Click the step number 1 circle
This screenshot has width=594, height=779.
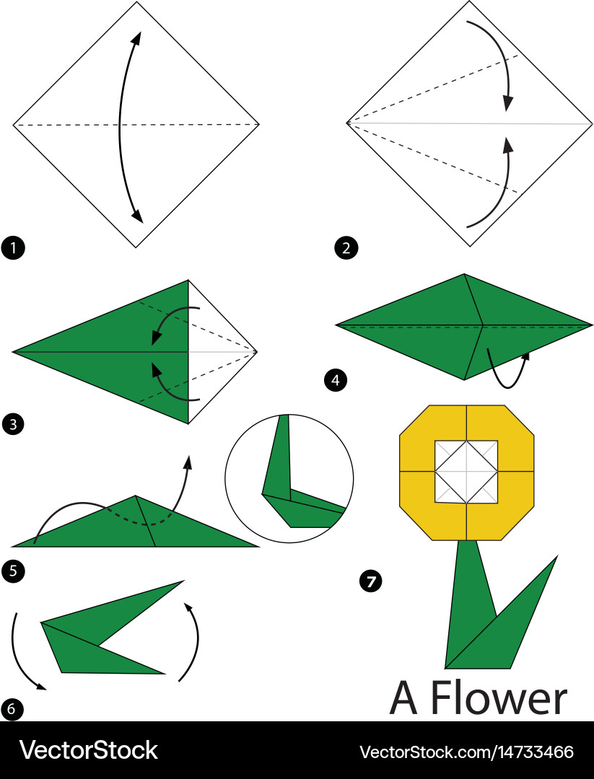pyautogui.click(x=13, y=249)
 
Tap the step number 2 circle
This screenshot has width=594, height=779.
pyautogui.click(x=346, y=249)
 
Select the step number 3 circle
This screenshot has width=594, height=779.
pyautogui.click(x=13, y=424)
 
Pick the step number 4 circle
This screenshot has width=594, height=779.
pyautogui.click(x=334, y=380)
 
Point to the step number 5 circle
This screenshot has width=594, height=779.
pyautogui.click(x=13, y=572)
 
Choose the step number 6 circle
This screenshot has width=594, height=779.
pyautogui.click(x=11, y=709)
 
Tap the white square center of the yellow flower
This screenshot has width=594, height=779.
pyautogui.click(x=466, y=471)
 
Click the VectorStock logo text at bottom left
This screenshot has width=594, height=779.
pyautogui.click(x=88, y=750)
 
